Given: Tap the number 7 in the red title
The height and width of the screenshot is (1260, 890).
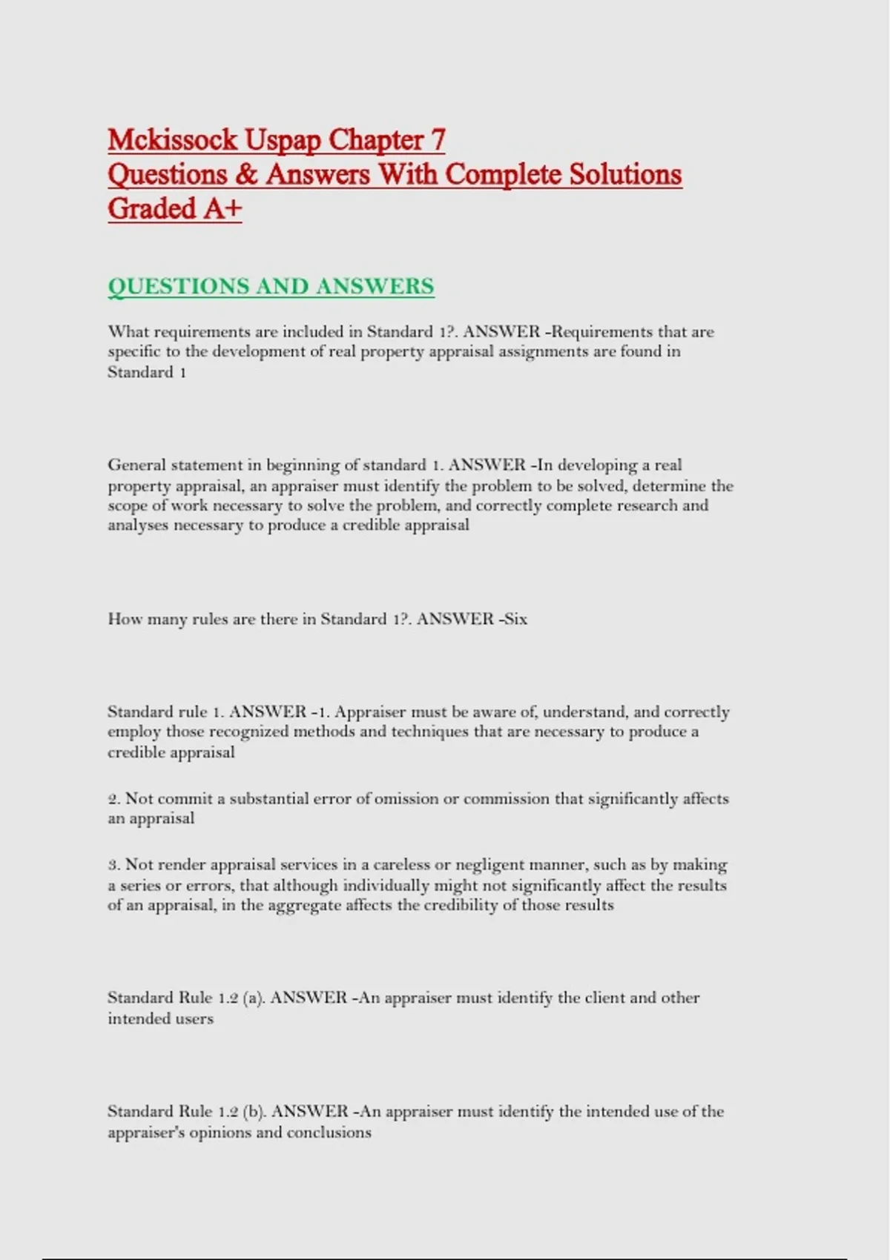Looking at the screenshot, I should click(x=438, y=140).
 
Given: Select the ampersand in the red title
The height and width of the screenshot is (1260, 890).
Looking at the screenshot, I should click(x=246, y=175).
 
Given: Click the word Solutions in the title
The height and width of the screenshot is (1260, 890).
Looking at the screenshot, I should click(x=625, y=175).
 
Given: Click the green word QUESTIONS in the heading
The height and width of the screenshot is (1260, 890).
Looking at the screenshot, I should click(x=178, y=287).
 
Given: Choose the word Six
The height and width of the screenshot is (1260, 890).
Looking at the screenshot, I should click(x=515, y=619).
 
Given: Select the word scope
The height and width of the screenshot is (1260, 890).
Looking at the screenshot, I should click(x=126, y=506).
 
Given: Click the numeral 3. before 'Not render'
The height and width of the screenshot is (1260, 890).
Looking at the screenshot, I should click(x=113, y=865).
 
